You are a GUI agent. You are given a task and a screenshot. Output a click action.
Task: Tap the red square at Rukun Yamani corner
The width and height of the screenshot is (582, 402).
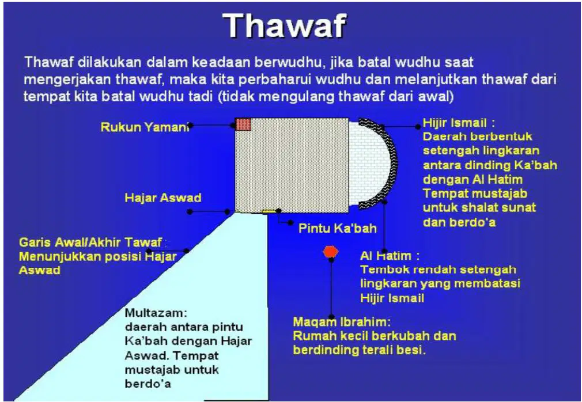click(x=244, y=124)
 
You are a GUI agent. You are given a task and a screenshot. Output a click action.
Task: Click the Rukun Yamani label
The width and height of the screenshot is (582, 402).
click(x=145, y=127)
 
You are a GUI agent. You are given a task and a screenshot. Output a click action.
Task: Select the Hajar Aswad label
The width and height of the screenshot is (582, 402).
click(x=163, y=198)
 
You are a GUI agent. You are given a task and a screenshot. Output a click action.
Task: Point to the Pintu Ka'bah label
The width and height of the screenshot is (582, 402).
click(x=338, y=228)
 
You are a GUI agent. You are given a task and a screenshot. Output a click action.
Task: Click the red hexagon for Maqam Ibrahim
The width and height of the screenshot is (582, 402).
click(x=330, y=252)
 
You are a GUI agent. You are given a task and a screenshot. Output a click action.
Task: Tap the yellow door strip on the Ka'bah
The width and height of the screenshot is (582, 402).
click(x=269, y=211)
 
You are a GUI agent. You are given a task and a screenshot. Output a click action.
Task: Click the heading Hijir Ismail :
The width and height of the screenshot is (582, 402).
click(x=459, y=123)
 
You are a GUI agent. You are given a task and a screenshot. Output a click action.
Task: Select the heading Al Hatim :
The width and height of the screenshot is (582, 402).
click(x=390, y=256)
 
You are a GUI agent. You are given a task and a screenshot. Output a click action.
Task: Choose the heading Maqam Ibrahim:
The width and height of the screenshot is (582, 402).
click(x=342, y=321)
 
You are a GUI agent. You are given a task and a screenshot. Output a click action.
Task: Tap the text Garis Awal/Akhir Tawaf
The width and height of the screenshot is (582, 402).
click(x=90, y=242)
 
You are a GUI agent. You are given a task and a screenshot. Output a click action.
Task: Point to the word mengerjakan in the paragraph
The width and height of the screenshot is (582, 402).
click(x=65, y=79)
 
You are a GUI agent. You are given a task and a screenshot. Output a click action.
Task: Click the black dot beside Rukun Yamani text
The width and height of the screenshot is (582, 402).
click(x=190, y=126)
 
